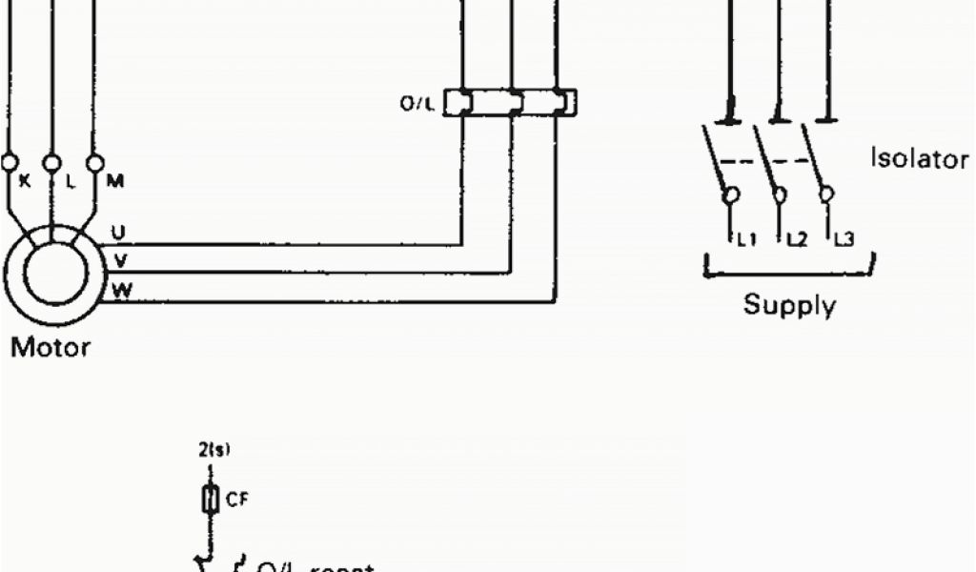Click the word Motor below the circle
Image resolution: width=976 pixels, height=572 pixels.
(51, 347)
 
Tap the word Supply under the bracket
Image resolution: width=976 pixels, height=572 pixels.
(789, 306)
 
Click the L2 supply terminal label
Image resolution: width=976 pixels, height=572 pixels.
(795, 240)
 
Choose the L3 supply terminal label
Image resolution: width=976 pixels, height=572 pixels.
(843, 240)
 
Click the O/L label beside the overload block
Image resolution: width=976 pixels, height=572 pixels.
(417, 105)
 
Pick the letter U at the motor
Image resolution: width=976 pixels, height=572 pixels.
(118, 232)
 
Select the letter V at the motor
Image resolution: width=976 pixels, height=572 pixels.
(119, 259)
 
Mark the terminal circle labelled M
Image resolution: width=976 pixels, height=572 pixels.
(94, 164)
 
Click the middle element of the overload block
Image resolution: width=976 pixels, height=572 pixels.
(513, 102)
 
